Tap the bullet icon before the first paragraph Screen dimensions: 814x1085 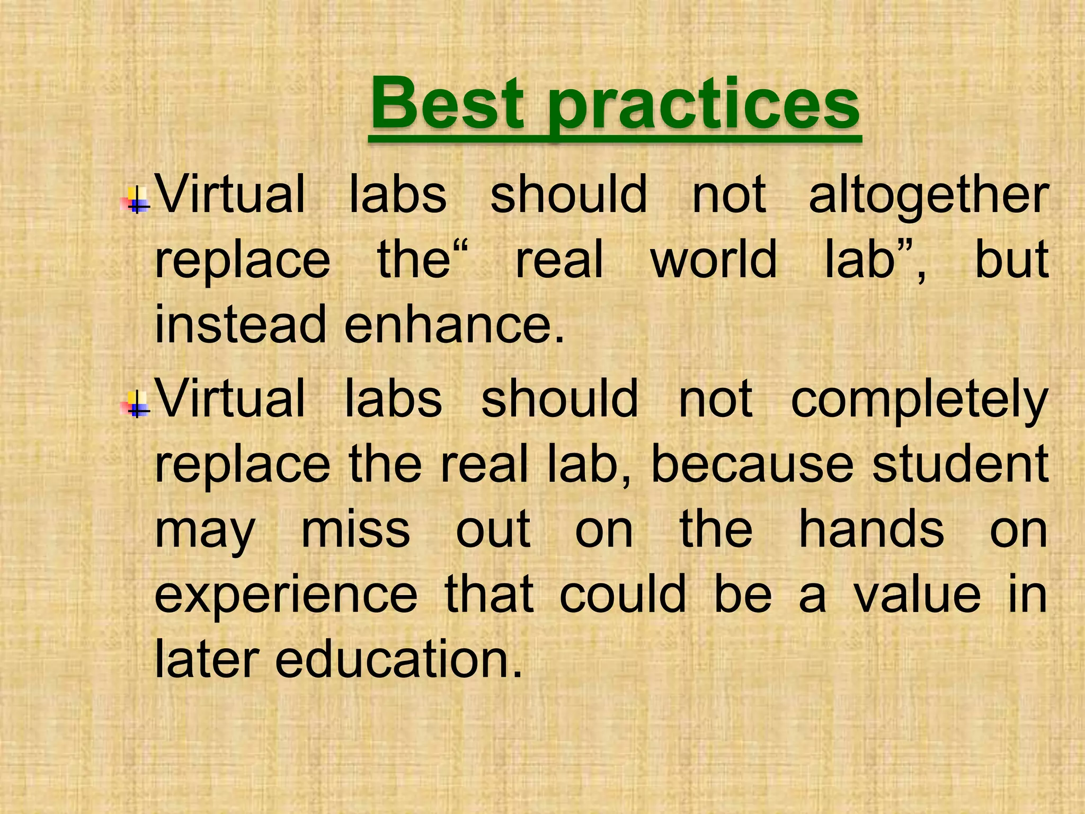coord(137,200)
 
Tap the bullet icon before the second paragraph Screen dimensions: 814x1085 coord(137,405)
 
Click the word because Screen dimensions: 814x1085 coord(752,465)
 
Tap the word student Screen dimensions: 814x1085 coord(960,465)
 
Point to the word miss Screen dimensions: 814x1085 coord(355,529)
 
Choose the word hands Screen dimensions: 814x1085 coord(871,529)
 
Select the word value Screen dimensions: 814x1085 coord(917,595)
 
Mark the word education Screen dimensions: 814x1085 coord(398,660)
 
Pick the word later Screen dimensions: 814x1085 coord(207,660)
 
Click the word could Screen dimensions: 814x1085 coord(623,595)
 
